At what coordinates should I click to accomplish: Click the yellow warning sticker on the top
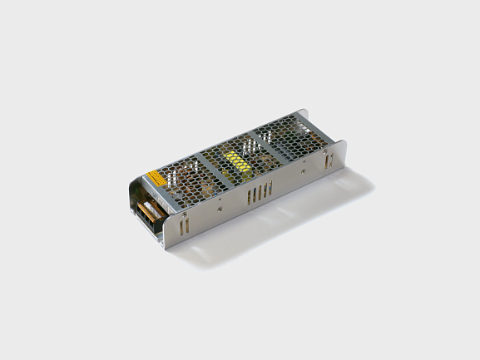point(156,177)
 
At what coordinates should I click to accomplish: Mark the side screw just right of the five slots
point(303,171)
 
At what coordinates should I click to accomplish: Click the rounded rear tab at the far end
point(340,158)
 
